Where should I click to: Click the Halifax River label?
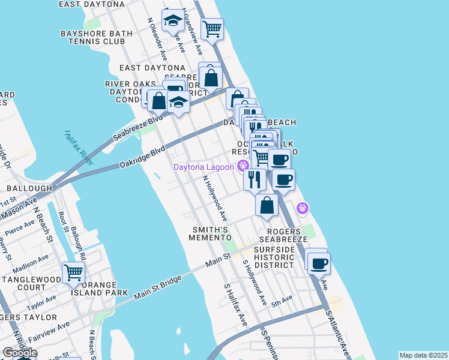[x=79, y=148]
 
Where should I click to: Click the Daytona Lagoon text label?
[x=203, y=167]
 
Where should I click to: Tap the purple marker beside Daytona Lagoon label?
[x=243, y=166]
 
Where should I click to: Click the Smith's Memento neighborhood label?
[x=210, y=234]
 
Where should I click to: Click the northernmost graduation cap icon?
[x=173, y=23]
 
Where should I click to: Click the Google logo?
[x=19, y=352]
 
